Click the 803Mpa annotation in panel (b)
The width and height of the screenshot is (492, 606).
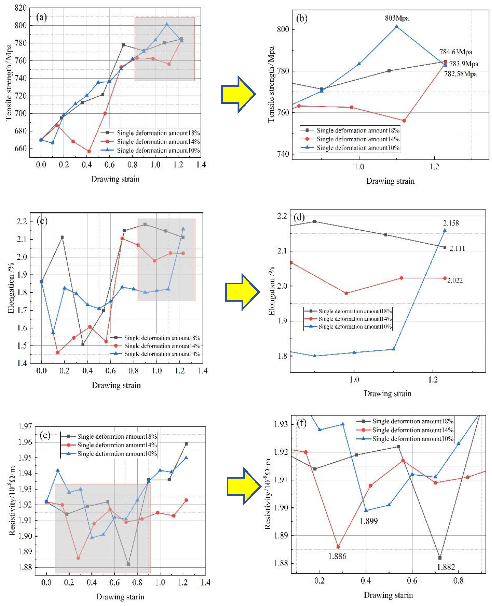click(x=397, y=18)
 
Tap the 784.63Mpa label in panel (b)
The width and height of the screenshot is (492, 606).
click(x=455, y=52)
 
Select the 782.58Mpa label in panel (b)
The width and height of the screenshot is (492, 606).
click(x=460, y=74)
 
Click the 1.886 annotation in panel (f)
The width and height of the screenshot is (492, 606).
click(x=337, y=556)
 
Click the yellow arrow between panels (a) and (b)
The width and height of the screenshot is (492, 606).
click(x=238, y=94)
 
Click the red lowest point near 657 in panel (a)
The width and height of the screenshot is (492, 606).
click(x=89, y=151)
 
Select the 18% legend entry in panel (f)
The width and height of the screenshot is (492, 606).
click(x=412, y=421)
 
